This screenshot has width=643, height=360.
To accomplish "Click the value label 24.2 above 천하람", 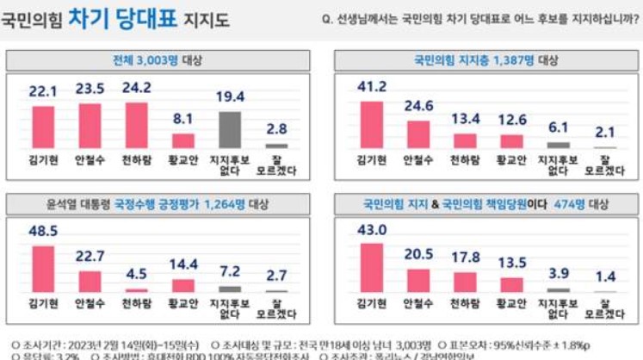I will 137,88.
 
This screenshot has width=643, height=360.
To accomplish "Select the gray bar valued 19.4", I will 229,129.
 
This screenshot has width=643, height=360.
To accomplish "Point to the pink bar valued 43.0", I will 372,267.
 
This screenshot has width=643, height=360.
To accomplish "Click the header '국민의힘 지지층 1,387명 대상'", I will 485,60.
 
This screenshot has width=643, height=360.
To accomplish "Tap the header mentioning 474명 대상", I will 485,205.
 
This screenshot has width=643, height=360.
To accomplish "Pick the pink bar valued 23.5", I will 90,126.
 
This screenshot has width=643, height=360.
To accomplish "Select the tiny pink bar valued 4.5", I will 137,290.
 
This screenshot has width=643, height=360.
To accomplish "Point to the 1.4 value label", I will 604,277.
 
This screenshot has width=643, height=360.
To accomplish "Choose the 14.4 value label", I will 183,264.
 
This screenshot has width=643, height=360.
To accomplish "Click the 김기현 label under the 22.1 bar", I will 43,158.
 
